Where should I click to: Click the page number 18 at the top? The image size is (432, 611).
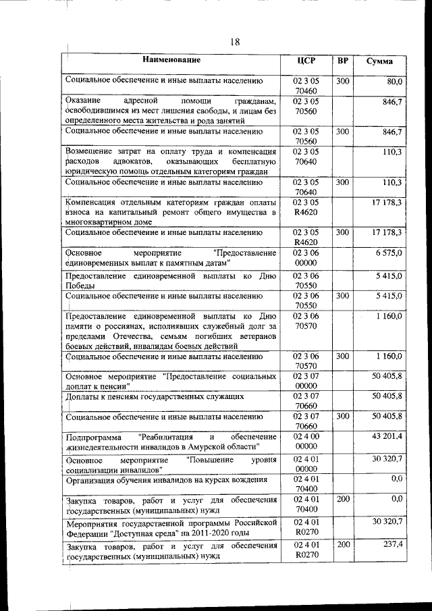(234, 43)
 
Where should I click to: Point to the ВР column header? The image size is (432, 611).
(343, 61)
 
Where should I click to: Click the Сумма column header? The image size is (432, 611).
(380, 61)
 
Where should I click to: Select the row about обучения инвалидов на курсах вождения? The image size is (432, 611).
(165, 481)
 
